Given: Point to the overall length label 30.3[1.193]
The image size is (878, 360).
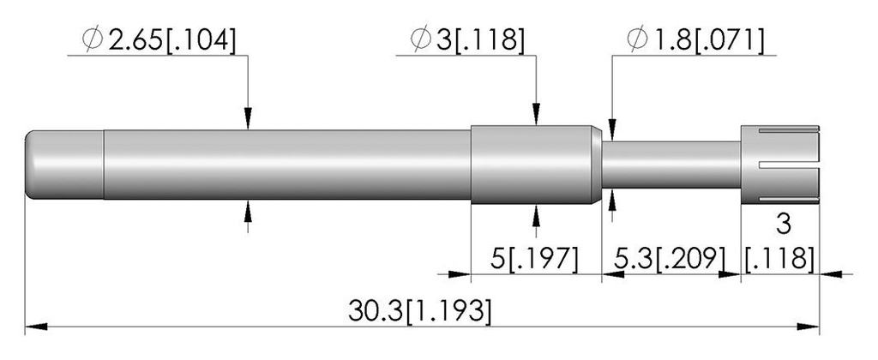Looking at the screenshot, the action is click(420, 311).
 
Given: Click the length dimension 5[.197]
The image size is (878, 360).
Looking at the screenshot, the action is click(534, 259).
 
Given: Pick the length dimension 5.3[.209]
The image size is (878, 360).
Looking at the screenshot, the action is click(671, 259).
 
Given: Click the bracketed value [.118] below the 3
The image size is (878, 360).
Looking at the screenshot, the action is click(780, 259).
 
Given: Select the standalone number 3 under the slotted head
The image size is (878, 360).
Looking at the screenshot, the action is click(784, 225).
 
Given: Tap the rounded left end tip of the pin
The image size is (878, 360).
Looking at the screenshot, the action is click(27, 165).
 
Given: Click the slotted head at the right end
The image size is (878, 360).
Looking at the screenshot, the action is click(780, 165).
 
